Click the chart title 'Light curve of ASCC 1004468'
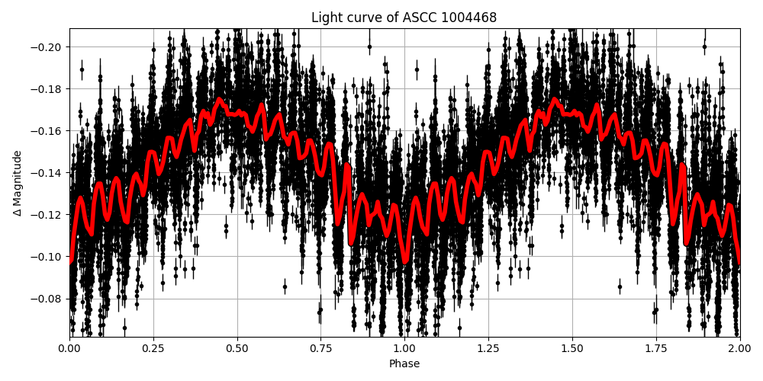coord(404,18)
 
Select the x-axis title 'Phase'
coord(404,364)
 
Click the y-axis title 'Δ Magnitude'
coord(18,183)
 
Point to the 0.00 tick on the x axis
coord(69,348)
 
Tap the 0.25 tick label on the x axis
coord(153,348)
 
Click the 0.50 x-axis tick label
coord(237,348)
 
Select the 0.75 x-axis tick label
coord(320,348)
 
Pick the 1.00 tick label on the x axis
coord(404,348)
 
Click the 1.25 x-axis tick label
coord(488,348)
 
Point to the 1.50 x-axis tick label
coord(572,348)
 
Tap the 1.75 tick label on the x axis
coord(655,348)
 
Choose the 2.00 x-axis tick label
coord(739,348)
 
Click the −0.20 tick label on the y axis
coord(47,47)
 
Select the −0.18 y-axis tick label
coord(47,89)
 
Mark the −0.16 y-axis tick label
coord(47,131)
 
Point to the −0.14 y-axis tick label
coord(47,173)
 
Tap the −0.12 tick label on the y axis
coord(47,215)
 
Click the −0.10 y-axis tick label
coord(47,257)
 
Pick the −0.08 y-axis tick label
coord(47,299)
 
